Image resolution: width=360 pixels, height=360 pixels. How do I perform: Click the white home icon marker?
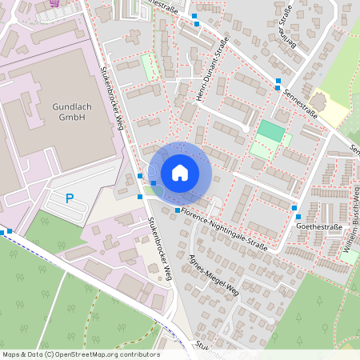click(x=180, y=172)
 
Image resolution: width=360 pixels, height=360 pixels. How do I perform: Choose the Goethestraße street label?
click(x=319, y=227)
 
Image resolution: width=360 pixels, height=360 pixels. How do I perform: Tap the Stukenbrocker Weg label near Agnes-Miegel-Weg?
click(x=158, y=250)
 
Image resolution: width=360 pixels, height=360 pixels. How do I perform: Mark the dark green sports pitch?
click(x=270, y=131)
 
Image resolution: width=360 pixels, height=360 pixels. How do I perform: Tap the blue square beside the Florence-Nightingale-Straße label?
click(x=177, y=210)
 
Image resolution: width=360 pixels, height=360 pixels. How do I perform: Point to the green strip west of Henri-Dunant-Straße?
click(x=148, y=66)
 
